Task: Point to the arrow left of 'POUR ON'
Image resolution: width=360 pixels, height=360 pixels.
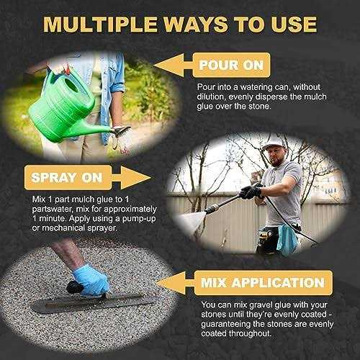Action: (x=182, y=66)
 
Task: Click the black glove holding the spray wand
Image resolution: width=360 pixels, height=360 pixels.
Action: (x=251, y=192)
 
